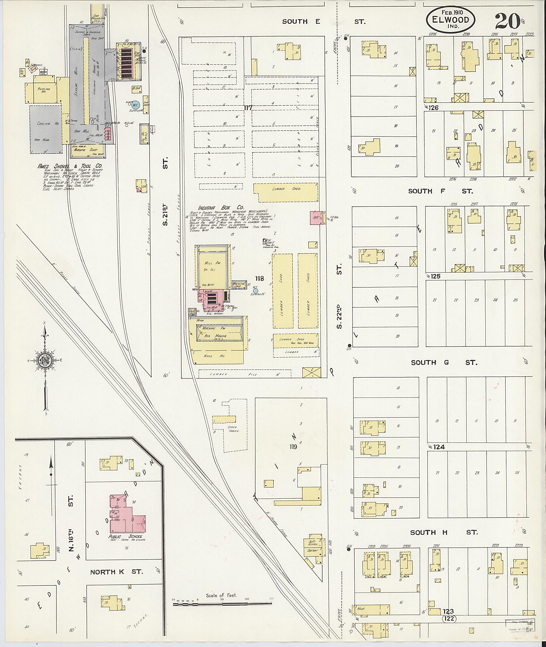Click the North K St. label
coord(117,572)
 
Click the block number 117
coord(248,108)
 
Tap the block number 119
coord(293,447)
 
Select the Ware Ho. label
coord(219,356)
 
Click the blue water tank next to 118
coord(255,291)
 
